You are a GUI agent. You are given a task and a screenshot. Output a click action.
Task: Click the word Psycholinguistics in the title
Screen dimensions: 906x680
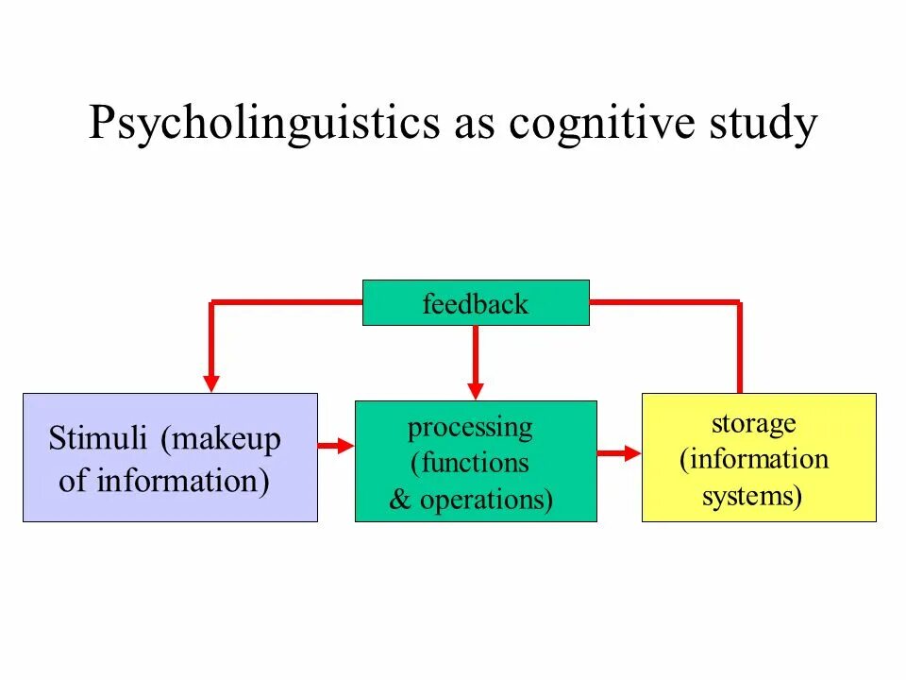coord(264,124)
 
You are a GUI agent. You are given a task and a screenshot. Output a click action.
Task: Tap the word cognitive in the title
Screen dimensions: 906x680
coord(601,124)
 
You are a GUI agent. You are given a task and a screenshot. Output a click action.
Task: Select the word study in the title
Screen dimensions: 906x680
coord(763,124)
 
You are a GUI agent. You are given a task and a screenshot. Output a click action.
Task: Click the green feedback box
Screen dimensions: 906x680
coord(476,303)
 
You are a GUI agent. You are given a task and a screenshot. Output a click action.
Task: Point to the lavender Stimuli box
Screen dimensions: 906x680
coord(171,457)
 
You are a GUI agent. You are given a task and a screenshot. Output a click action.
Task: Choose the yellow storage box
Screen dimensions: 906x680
coord(759,457)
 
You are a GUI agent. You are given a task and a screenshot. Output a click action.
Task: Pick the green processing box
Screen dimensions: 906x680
coord(476,461)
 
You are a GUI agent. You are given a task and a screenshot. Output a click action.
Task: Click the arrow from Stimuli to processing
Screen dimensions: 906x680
coord(336,446)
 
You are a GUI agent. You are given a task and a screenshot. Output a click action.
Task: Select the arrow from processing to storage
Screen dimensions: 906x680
coord(619,452)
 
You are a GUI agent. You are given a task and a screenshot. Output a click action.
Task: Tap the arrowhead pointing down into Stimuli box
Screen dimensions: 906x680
coord(211,382)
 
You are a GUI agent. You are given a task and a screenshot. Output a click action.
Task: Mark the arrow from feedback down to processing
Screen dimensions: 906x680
coord(476,363)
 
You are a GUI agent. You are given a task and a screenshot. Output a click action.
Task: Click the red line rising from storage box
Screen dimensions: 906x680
coord(740,347)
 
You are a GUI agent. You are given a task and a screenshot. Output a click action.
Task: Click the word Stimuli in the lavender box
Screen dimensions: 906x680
coord(97,437)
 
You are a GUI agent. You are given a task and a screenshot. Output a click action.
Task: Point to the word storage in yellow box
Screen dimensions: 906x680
coord(754,424)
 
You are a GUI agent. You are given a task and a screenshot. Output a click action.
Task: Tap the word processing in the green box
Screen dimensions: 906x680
coord(470,429)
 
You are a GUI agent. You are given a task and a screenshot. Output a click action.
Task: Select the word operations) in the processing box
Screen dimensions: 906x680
coord(487,500)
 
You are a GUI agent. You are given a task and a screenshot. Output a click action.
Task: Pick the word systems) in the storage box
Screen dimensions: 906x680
coord(752,497)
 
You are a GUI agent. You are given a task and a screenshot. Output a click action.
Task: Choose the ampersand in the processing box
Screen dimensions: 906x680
coord(400,499)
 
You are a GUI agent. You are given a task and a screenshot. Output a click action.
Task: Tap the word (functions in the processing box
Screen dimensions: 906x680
coord(470,463)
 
